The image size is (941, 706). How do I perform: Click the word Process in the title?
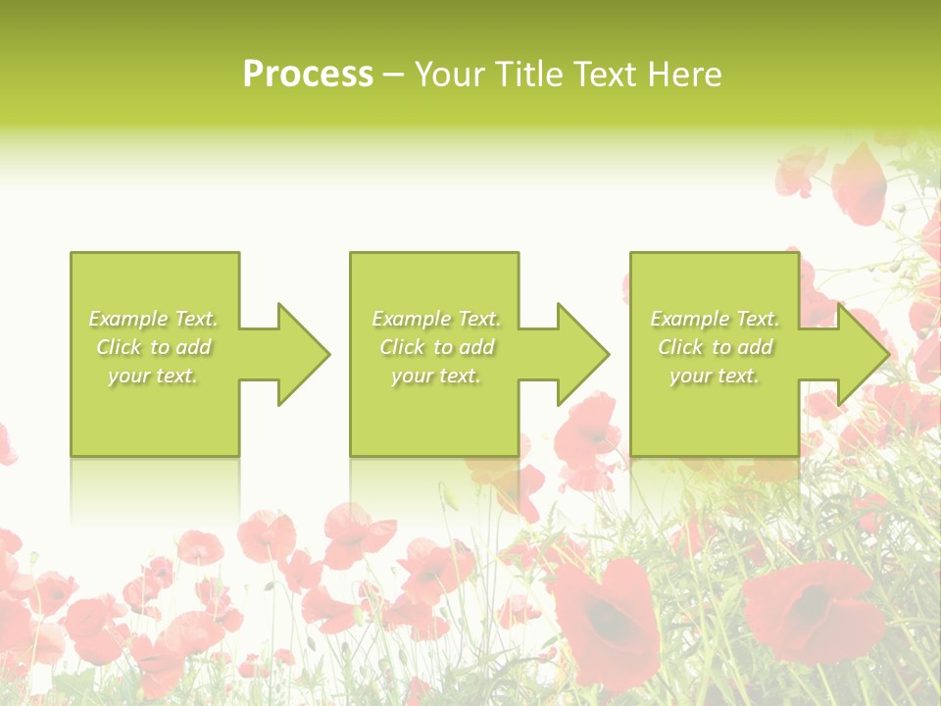pos(308,75)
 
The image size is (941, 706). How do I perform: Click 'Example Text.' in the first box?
pos(153,319)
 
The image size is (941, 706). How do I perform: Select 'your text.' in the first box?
pos(153,376)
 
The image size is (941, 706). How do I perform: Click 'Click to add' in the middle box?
pos(436,347)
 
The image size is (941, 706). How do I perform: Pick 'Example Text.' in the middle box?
pos(436,319)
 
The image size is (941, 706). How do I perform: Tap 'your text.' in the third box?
pos(715,376)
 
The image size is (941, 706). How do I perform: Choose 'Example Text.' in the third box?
pos(715,319)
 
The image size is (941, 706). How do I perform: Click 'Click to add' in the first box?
pos(153,347)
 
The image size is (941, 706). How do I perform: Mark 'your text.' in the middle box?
pos(436,376)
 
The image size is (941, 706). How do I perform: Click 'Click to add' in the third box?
pos(715,347)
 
